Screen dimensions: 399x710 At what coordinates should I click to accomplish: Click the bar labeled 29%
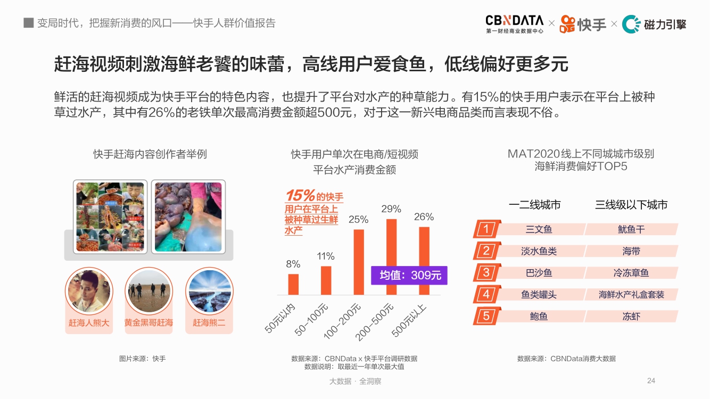pyautogui.click(x=391, y=256)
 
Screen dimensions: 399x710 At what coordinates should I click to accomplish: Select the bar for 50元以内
pyautogui.click(x=293, y=284)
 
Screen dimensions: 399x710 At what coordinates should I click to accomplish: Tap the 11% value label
pyautogui.click(x=326, y=256)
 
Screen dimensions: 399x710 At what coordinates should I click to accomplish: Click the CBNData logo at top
pyautogui.click(x=514, y=24)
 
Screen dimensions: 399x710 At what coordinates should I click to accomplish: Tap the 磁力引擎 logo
pyautogui.click(x=654, y=24)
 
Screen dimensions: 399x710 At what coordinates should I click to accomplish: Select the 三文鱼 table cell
pyautogui.click(x=539, y=229)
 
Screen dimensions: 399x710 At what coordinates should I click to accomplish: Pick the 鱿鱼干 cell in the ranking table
pyautogui.click(x=631, y=229)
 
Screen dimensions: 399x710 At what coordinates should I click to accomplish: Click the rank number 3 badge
pyautogui.click(x=486, y=273)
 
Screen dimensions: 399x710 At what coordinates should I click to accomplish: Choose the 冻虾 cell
pyautogui.click(x=631, y=316)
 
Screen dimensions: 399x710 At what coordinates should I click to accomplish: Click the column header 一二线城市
pyautogui.click(x=534, y=205)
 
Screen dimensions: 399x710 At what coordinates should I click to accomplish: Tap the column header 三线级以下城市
pyautogui.click(x=631, y=205)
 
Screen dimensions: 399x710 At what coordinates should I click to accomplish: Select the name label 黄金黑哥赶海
pyautogui.click(x=148, y=322)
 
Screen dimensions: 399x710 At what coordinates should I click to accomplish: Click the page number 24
pyautogui.click(x=651, y=380)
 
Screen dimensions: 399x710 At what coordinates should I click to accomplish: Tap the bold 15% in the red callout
pyautogui.click(x=300, y=196)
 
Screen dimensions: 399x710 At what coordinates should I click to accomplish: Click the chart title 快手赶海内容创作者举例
pyautogui.click(x=150, y=154)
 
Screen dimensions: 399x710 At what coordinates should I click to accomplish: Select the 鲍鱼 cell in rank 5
pyautogui.click(x=539, y=316)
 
